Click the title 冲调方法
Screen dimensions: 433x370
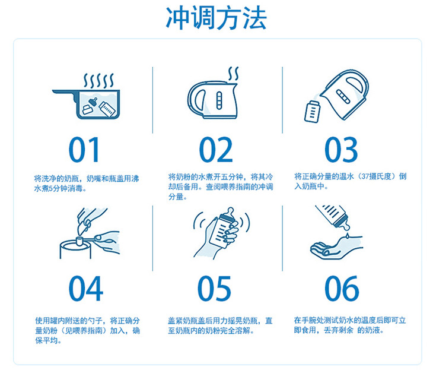[x=216, y=18]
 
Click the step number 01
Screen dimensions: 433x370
[x=84, y=150]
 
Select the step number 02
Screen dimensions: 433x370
[x=216, y=150]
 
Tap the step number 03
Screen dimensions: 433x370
[x=341, y=150]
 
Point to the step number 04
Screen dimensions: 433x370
[x=86, y=289]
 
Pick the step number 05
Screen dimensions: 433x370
[x=215, y=289]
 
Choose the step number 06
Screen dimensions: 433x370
[x=342, y=289]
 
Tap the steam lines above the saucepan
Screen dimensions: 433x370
[x=98, y=80]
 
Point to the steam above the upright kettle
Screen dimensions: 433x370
[x=233, y=73]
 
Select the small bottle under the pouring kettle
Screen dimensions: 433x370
[x=312, y=112]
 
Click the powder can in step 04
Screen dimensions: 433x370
[x=75, y=249]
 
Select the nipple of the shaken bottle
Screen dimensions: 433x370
[x=230, y=213]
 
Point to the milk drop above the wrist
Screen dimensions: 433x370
[x=347, y=236]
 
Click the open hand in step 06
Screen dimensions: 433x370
[x=336, y=247]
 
